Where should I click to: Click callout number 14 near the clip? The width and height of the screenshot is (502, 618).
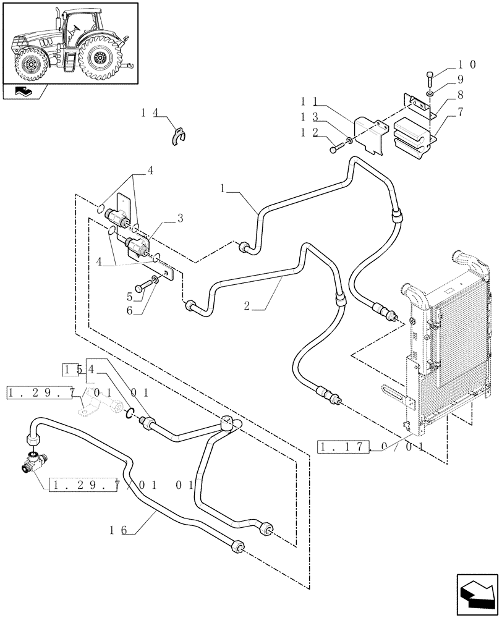(x=150, y=112)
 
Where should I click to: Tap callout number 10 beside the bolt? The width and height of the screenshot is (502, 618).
(x=466, y=64)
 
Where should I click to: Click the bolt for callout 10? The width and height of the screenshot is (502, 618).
(x=430, y=78)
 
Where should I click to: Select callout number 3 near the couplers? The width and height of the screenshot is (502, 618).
(x=180, y=218)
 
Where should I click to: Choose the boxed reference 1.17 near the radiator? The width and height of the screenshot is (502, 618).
(x=344, y=446)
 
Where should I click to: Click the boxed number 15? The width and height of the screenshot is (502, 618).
(x=73, y=370)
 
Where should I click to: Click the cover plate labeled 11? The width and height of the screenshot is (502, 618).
(x=370, y=135)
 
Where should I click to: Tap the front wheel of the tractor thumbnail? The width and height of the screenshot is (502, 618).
(x=29, y=65)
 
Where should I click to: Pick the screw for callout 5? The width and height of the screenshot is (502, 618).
(x=146, y=284)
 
